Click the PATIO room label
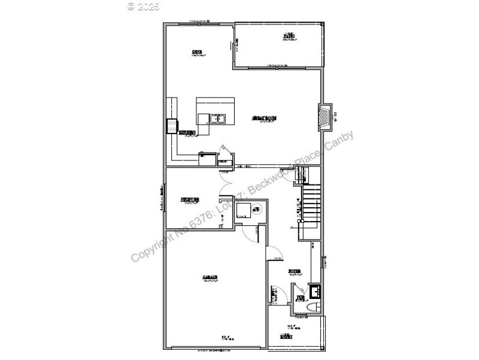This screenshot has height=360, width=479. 289,37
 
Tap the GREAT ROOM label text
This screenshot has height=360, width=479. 263,118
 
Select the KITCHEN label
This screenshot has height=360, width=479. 187,132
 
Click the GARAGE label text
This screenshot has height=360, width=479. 210,277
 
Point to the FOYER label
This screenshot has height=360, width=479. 294,271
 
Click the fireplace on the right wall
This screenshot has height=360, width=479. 324,117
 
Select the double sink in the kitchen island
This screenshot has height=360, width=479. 216,119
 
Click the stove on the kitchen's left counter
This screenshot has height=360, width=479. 171,125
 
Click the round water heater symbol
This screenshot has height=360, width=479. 256,209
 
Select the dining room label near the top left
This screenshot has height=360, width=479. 196,53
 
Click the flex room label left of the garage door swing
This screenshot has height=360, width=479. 190,200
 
